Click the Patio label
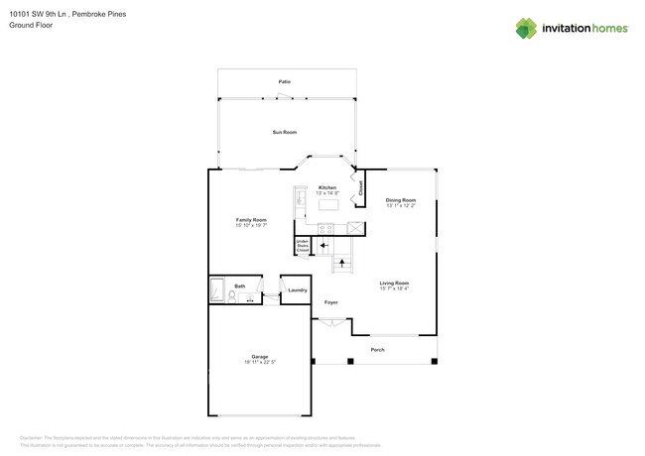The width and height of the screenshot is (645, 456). pyautogui.click(x=285, y=81)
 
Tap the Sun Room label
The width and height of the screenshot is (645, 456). pyautogui.click(x=285, y=132)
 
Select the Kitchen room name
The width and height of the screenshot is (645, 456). pyautogui.click(x=327, y=187)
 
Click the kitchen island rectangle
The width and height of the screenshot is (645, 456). pyautogui.click(x=328, y=205)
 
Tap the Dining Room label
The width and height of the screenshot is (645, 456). pyautogui.click(x=401, y=200)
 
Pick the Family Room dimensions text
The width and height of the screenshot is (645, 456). pyautogui.click(x=251, y=225)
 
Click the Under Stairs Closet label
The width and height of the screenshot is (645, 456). pyautogui.click(x=303, y=246)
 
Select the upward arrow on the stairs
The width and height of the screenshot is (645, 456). pyautogui.click(x=342, y=263)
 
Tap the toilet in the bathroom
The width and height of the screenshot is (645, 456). pyautogui.click(x=232, y=295)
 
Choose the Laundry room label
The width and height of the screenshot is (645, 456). pyautogui.click(x=298, y=289)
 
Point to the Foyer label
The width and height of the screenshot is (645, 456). pyautogui.click(x=331, y=302)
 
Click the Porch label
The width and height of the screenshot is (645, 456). pyautogui.click(x=378, y=349)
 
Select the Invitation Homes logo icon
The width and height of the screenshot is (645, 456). pyautogui.click(x=526, y=29)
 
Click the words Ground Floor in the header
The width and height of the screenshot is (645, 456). pyautogui.click(x=31, y=25)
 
